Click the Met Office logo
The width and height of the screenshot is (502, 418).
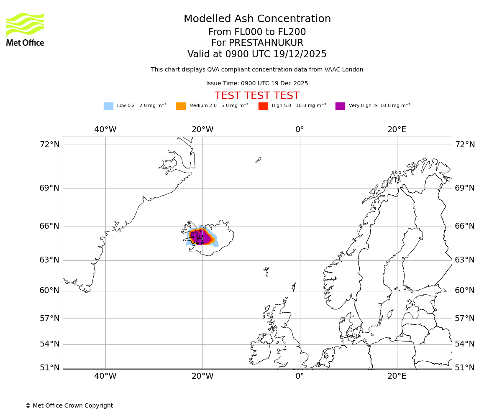(x=25, y=29)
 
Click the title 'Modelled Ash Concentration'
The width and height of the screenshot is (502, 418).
(x=257, y=19)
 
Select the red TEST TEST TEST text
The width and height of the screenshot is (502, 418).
(x=257, y=96)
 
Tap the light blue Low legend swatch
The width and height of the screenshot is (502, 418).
(x=108, y=106)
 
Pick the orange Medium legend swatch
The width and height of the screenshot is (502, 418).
(x=181, y=106)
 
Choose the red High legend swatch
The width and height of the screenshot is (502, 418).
(x=263, y=106)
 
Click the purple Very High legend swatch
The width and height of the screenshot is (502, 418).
(x=340, y=106)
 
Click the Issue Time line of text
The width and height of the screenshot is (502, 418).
(x=257, y=84)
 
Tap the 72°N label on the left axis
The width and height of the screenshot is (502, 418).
(x=49, y=145)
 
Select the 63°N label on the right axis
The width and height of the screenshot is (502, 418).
(x=465, y=260)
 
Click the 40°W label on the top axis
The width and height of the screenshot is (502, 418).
(x=105, y=130)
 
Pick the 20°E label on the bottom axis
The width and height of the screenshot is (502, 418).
(x=397, y=376)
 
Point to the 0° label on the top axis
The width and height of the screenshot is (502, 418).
(x=300, y=130)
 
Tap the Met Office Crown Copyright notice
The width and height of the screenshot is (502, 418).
(x=69, y=406)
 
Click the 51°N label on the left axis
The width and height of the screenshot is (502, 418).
(x=49, y=368)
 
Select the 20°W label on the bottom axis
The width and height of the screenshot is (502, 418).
(x=202, y=376)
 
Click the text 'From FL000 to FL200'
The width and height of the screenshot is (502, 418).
(x=257, y=32)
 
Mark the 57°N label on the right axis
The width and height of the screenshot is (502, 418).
(x=465, y=319)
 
